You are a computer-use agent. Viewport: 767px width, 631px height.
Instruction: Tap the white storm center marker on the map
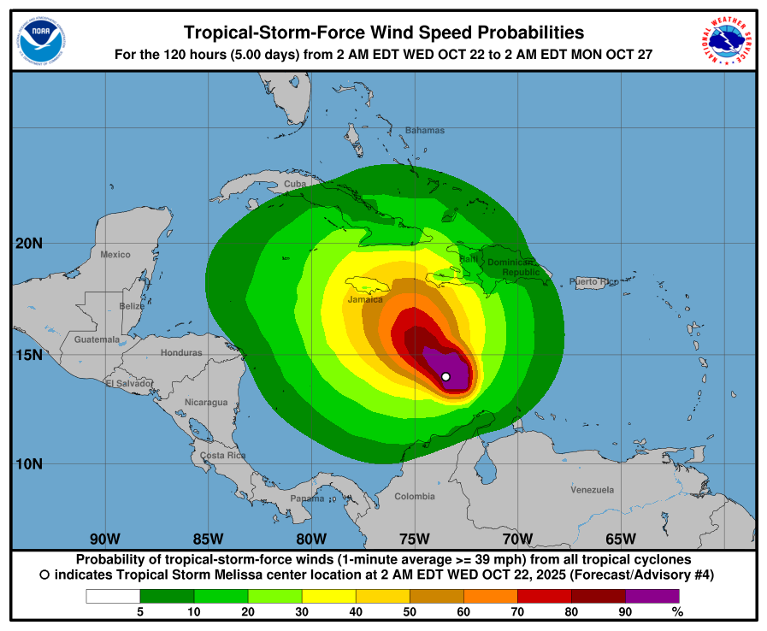click(445, 376)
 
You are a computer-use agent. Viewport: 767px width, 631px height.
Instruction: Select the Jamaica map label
click(365, 300)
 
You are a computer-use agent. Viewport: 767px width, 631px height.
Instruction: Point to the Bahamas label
click(425, 131)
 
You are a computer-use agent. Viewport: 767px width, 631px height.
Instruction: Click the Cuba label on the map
click(295, 184)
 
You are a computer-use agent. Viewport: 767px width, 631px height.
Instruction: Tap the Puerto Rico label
click(593, 281)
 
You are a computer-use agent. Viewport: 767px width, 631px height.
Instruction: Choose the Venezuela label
click(593, 490)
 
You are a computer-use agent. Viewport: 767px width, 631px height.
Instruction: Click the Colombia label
click(415, 497)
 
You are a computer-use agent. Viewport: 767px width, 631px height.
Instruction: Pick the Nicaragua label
click(206, 402)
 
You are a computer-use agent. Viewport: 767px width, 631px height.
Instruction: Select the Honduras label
click(181, 352)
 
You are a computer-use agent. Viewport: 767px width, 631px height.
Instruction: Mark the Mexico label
click(115, 255)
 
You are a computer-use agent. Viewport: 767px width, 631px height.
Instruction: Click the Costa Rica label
click(223, 456)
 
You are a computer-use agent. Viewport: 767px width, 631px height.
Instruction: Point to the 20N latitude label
click(29, 244)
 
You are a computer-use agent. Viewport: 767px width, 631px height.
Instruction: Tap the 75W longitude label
click(414, 539)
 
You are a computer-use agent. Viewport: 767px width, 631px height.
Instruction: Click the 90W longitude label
click(104, 539)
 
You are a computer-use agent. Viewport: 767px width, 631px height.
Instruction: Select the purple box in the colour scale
click(652, 596)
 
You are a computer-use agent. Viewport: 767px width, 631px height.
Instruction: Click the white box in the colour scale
click(113, 596)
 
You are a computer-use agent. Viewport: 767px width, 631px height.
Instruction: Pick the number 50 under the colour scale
click(410, 611)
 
